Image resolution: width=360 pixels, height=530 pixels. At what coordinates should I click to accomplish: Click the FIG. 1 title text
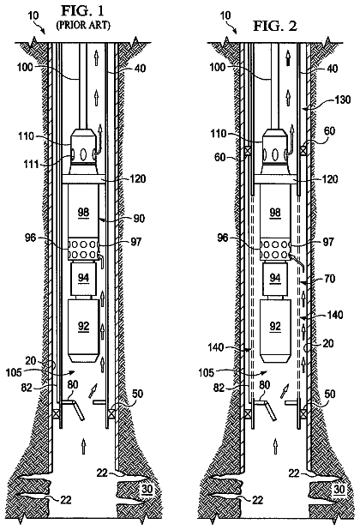tap(82, 11)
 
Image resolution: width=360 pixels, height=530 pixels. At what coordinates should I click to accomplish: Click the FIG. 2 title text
tap(275, 26)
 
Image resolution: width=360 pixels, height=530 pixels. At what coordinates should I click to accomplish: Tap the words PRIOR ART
tap(83, 26)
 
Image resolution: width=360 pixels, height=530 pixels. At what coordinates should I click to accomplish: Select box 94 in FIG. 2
tap(275, 278)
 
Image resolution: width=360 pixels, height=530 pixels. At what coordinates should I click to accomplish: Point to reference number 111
tap(31, 165)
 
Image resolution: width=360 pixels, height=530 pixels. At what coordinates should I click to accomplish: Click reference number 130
tap(342, 99)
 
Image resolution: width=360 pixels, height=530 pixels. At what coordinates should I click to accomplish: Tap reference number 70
tap(330, 279)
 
